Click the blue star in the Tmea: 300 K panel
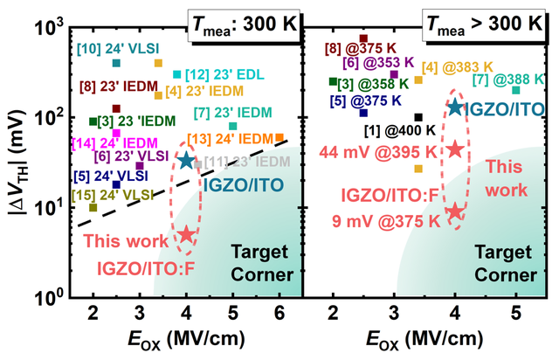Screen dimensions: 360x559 pyautogui.click(x=186, y=160)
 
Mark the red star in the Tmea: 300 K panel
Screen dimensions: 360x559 pyautogui.click(x=186, y=234)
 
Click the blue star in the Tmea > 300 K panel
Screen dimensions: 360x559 pyautogui.click(x=455, y=107)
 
